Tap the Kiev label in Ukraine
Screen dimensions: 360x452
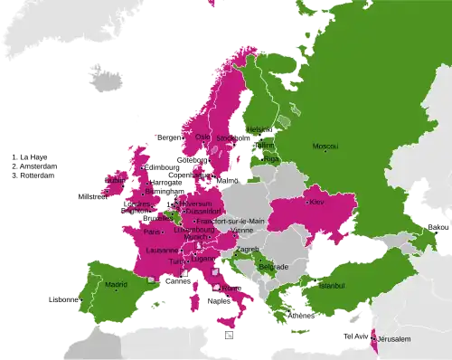316,203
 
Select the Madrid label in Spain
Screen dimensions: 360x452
117,285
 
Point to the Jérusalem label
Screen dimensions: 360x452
390,339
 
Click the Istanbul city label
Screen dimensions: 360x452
332,286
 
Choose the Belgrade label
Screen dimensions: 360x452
273,267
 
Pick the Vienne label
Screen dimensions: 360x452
242,231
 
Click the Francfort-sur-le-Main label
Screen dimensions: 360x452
231,221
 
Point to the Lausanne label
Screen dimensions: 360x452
162,250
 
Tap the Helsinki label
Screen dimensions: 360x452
260,129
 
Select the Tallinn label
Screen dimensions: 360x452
263,144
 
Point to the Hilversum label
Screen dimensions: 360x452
200,204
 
